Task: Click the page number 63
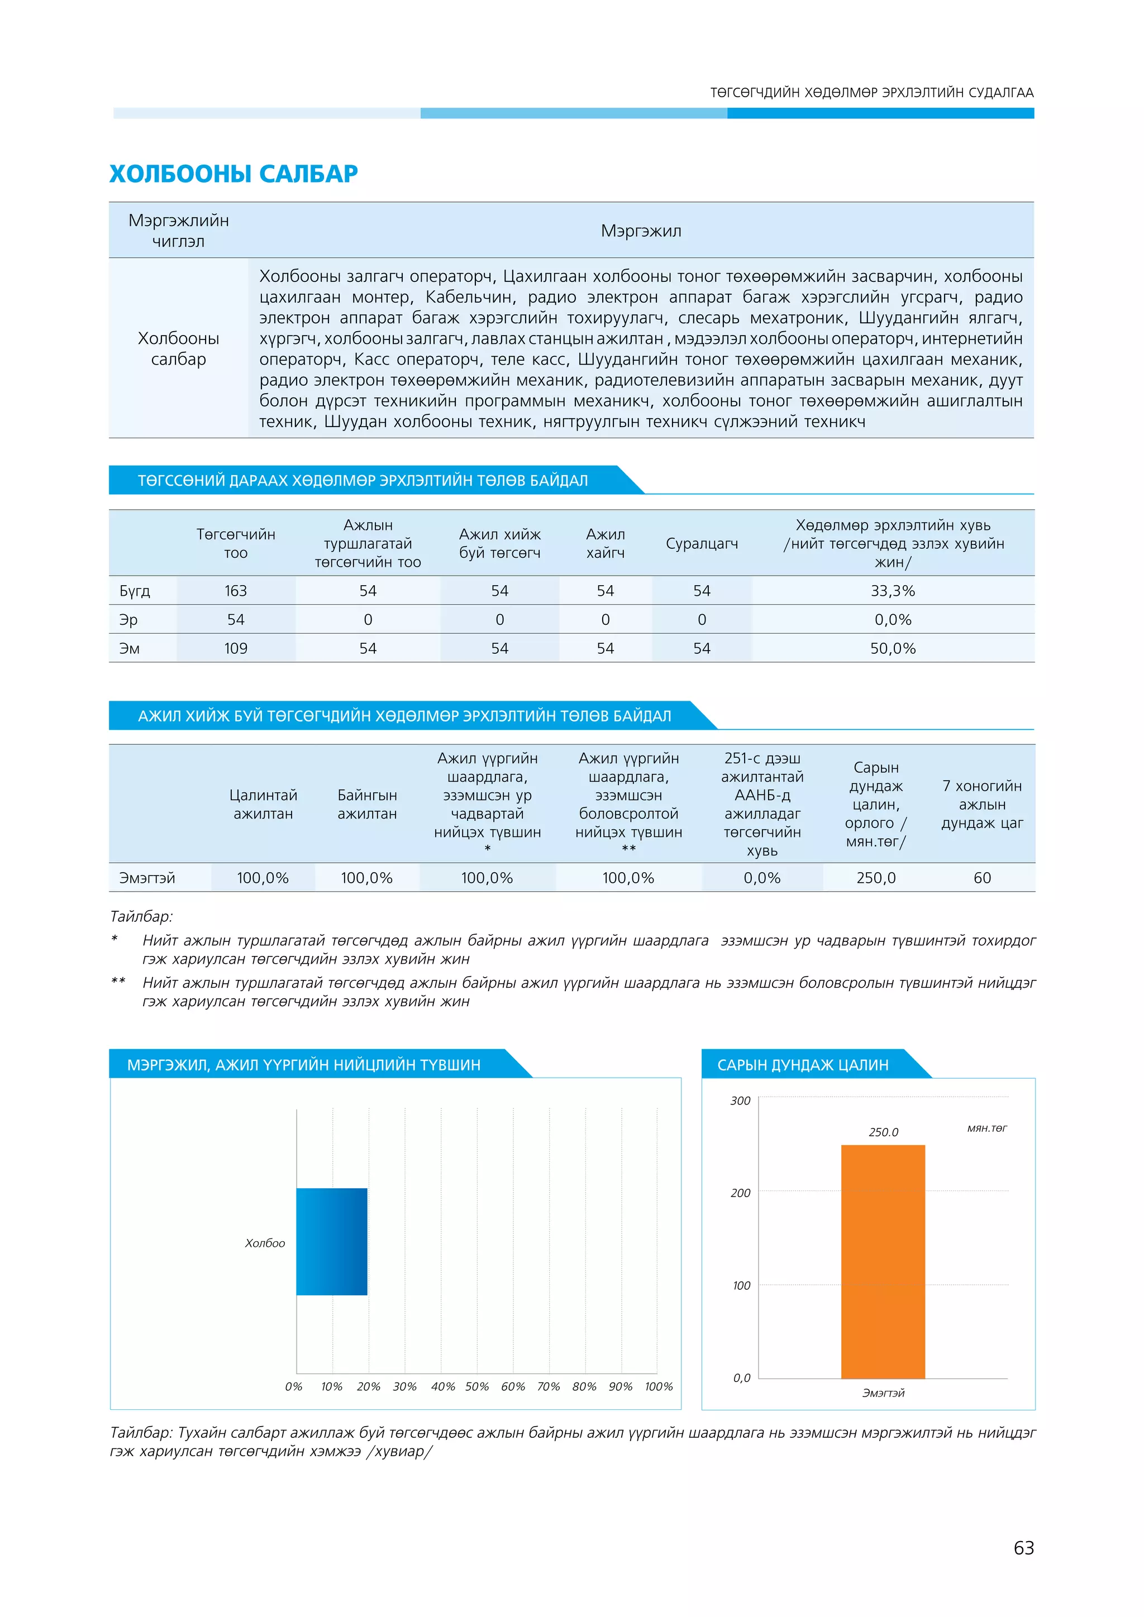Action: coord(1023,1548)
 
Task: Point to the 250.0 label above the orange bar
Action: coord(883,1132)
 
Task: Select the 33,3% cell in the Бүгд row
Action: coord(893,591)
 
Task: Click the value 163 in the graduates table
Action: coord(235,591)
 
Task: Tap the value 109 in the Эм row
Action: coord(235,649)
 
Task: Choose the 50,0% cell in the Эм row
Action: coord(893,649)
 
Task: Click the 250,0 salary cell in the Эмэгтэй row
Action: coord(876,878)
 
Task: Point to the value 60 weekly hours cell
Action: coord(982,878)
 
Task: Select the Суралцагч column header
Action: coord(702,544)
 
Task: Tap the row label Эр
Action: coord(128,620)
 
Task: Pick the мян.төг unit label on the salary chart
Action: coord(986,1128)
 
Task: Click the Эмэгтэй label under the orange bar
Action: coord(883,1393)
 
